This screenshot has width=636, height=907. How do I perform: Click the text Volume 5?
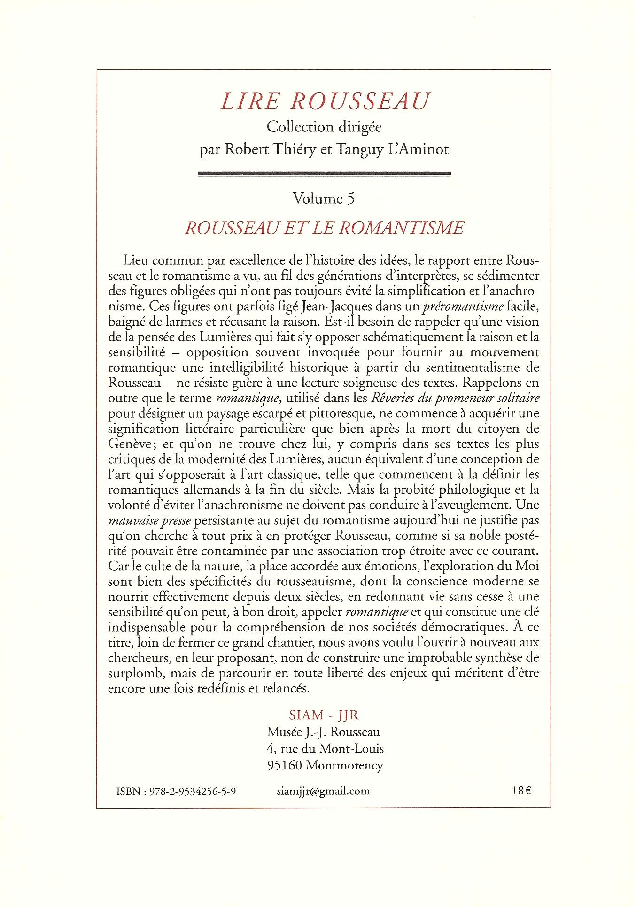(324, 199)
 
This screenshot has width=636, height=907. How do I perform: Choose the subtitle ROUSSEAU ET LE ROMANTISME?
(325, 228)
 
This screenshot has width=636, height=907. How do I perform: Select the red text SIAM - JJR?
(324, 715)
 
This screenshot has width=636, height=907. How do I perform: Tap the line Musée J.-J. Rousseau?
(324, 731)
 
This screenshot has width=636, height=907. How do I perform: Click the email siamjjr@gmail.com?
(323, 791)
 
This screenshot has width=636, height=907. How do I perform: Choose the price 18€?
(521, 791)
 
